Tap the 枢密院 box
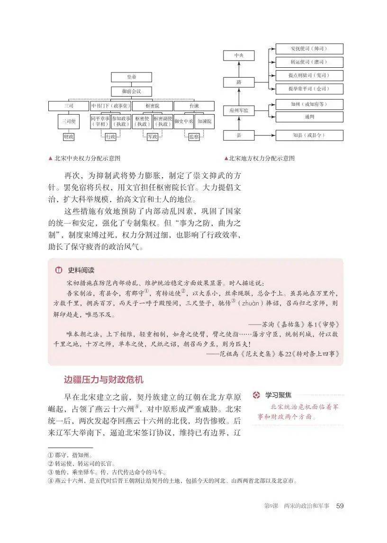pos(152,105)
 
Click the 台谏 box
pos(195,105)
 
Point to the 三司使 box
pos(68,121)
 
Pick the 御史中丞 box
pos(183,121)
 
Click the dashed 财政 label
pos(68,136)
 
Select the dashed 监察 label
pos(194,136)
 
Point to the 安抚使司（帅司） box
pos(309,49)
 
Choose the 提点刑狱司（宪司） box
pos(309,75)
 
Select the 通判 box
pos(309,117)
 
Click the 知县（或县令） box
pos(309,135)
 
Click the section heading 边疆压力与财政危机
pos(103,380)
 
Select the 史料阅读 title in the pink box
pos(81,270)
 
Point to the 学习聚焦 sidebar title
pos(278,395)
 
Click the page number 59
pos(339,506)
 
